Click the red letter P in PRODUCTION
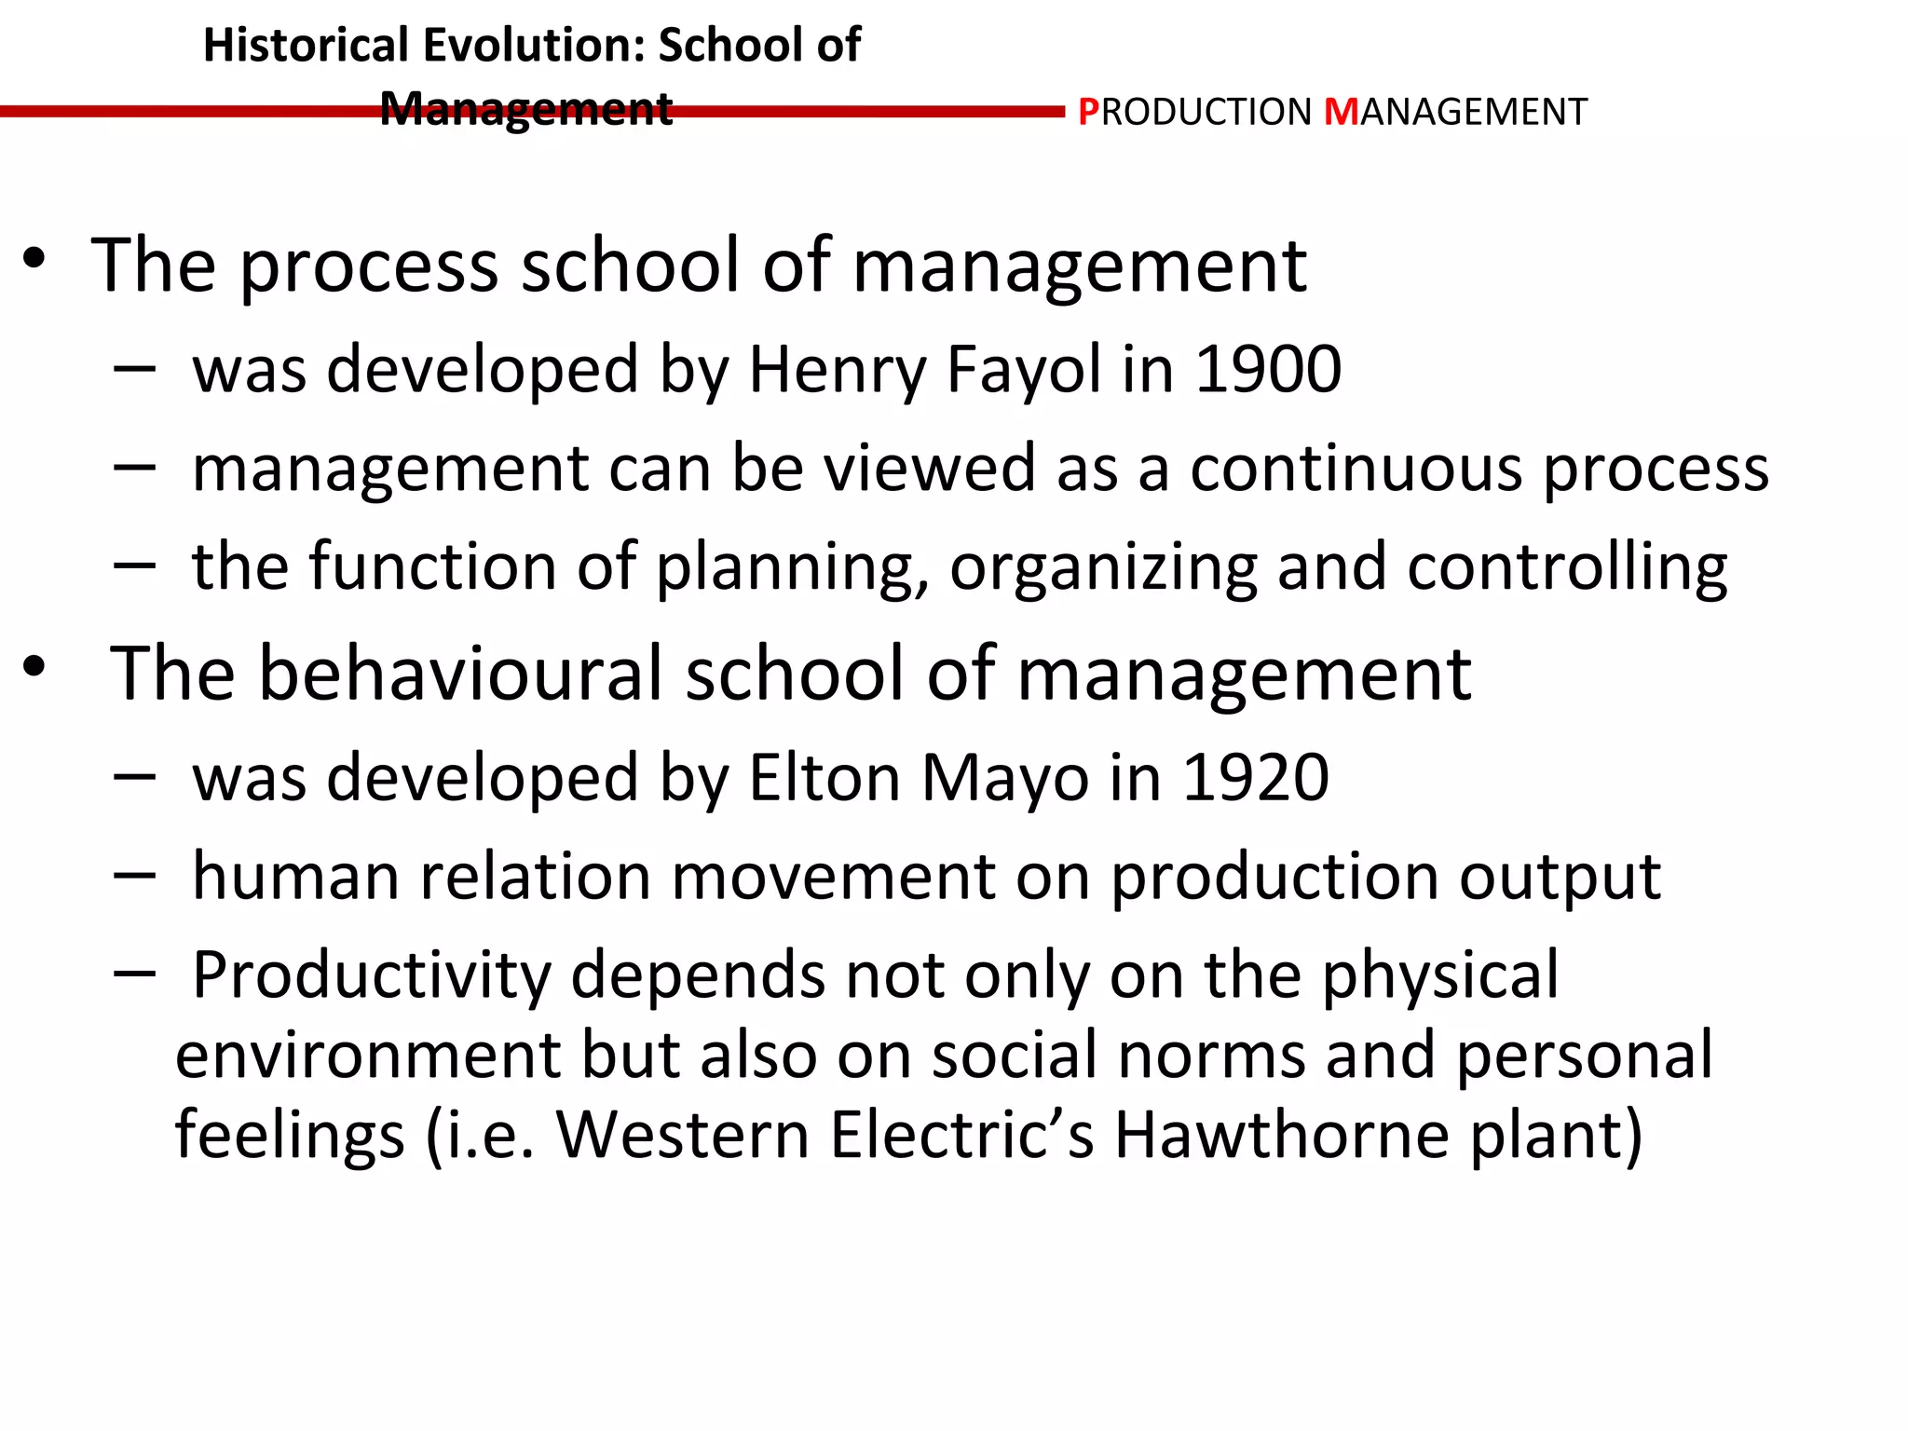click(x=1088, y=113)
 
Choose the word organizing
click(x=1103, y=568)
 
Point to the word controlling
click(x=1567, y=566)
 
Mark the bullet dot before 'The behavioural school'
click(x=34, y=666)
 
